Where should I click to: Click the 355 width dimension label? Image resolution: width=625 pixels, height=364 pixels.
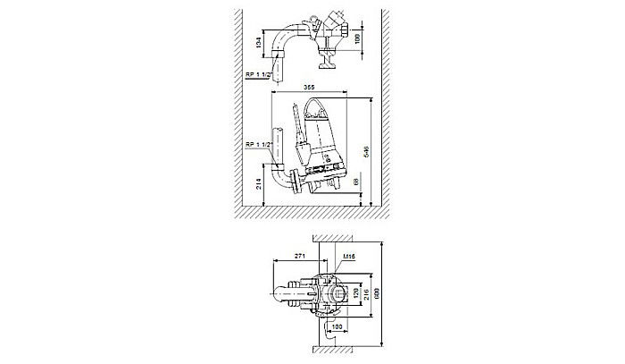308,87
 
